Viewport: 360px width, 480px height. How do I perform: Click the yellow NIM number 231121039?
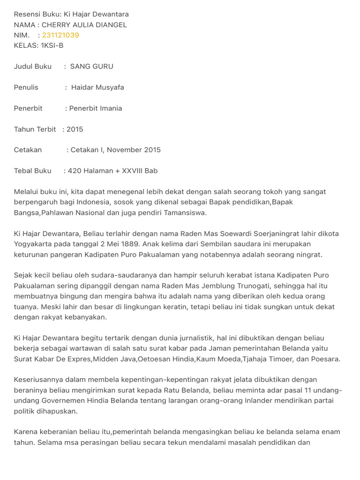pyautogui.click(x=60, y=35)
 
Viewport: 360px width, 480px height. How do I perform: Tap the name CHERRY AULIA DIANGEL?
pyautogui.click(x=84, y=25)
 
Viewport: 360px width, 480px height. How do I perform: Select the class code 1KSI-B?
pyautogui.click(x=52, y=45)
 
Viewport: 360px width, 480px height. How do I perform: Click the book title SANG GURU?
pyautogui.click(x=91, y=67)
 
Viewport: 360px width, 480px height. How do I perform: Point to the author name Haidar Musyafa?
pyautogui.click(x=97, y=87)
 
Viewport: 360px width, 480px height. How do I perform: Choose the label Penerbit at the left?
pyautogui.click(x=28, y=108)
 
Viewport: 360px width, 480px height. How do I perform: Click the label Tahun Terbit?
pyautogui.click(x=35, y=129)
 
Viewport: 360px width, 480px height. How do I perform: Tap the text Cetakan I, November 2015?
pyautogui.click(x=115, y=150)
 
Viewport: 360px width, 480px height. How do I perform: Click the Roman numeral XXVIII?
pyautogui.click(x=132, y=171)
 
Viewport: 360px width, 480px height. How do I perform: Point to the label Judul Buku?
pyautogui.click(x=33, y=67)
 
